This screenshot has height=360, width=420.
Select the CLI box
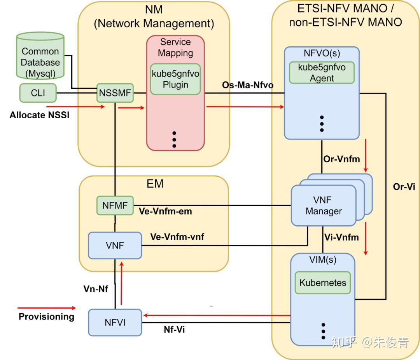coord(38,93)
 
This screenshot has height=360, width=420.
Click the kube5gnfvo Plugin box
coord(175,79)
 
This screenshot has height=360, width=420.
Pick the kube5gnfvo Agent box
coord(322,72)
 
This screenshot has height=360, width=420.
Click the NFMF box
coord(115,206)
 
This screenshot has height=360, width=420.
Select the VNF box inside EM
coord(114,245)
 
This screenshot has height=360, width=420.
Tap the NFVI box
coord(115,322)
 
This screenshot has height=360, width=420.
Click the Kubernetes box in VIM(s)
coord(323,283)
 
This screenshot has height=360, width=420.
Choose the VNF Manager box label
coord(324,205)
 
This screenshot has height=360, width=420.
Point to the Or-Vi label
coord(404,187)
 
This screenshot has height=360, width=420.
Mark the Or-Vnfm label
coord(341,159)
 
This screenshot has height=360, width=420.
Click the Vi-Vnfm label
coord(341,237)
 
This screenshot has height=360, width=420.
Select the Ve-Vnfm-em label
coord(165,212)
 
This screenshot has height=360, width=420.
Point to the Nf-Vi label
coord(173,330)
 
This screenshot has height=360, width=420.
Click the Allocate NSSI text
coord(39,115)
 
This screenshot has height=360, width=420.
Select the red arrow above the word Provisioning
coord(47,308)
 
